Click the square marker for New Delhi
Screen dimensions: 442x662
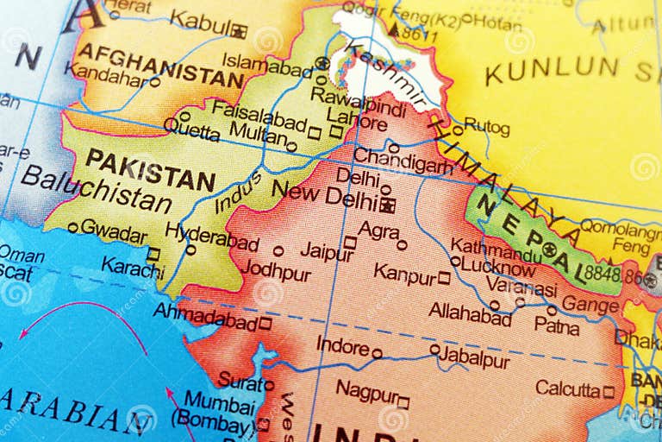click(x=387, y=205)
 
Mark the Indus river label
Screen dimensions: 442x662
click(x=238, y=191)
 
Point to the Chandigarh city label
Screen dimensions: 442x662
click(x=403, y=161)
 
